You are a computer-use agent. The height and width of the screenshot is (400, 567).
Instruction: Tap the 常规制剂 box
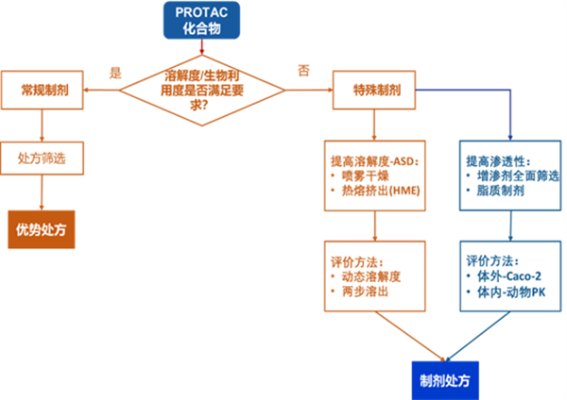(43, 92)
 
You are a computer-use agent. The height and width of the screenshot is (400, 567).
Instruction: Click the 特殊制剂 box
(375, 92)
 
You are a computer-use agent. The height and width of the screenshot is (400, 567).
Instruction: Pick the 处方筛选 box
(43, 157)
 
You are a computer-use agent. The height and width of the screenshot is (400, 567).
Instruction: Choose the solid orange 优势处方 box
(43, 227)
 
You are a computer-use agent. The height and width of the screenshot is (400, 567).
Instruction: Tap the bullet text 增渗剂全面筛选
(511, 175)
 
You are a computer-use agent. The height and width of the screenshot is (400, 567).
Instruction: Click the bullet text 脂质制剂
(497, 192)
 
